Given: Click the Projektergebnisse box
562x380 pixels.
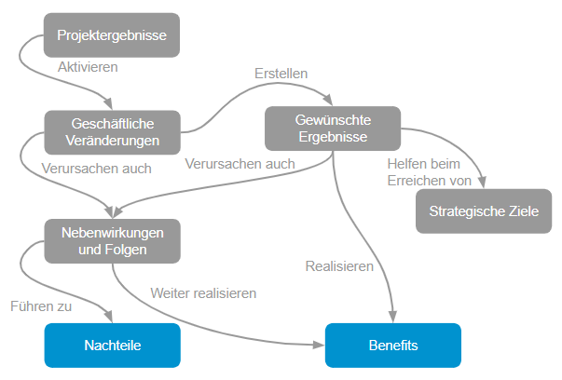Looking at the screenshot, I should pos(112,36).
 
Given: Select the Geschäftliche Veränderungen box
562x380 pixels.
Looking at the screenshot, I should pos(112,131).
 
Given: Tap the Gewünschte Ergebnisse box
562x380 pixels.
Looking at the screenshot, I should pos(332,128).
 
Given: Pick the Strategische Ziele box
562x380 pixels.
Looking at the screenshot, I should pos(484,211).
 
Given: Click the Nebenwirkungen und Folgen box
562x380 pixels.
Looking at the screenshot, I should pos(112,241).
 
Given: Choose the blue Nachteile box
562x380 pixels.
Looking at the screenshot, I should pos(112,346).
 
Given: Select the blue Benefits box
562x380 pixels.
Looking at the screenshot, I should pos(392,346).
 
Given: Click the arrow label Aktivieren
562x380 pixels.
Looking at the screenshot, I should pos(89,67).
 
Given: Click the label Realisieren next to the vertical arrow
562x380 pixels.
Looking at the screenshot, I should pos(339,266).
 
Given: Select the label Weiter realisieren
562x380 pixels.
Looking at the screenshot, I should pos(203,292).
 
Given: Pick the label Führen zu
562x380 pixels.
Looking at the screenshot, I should pos(41,305).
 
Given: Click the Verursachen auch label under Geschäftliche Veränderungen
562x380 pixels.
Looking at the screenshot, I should pos(97,170).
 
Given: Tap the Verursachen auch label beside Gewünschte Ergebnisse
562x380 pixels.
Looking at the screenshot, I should pos(240,164).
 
